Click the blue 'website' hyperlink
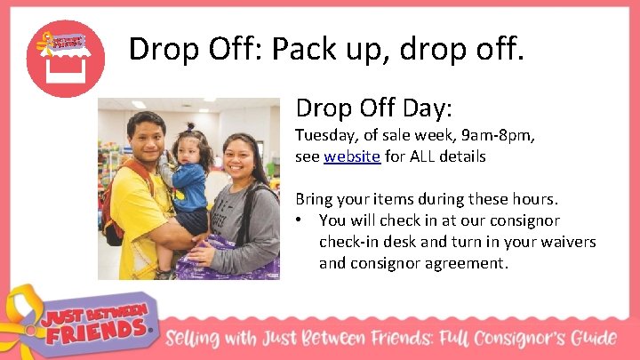pos(352,156)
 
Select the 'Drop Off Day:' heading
pos(374,109)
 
